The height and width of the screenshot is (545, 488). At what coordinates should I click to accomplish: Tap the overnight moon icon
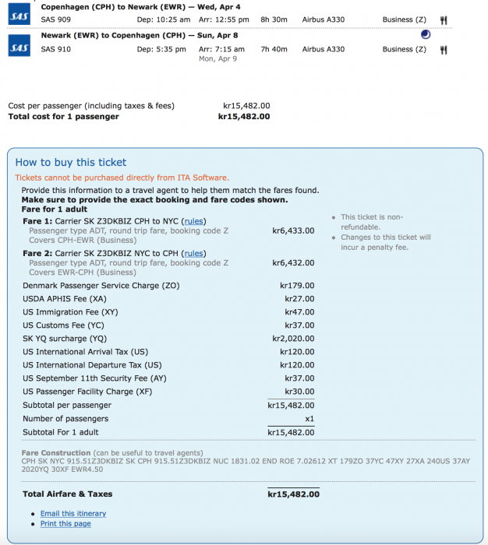click(424, 34)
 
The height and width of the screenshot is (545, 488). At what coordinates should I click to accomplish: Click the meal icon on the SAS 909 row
click(444, 19)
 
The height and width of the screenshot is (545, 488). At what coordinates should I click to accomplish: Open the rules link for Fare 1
click(193, 221)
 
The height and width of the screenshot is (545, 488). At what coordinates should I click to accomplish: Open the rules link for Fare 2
click(193, 253)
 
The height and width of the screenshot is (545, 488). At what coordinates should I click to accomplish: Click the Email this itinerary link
click(73, 514)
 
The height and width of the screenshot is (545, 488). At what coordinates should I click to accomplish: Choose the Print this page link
click(65, 524)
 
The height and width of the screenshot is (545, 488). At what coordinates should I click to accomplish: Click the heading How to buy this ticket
click(71, 163)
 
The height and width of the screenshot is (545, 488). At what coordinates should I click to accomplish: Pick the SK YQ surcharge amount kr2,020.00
click(293, 339)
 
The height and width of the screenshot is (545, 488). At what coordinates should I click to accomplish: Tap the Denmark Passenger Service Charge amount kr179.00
click(297, 286)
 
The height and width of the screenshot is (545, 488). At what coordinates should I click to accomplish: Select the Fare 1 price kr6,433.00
click(293, 230)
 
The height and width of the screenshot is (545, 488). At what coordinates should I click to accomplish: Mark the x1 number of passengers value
click(309, 419)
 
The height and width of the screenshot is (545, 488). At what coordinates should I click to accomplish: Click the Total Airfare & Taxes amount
click(293, 494)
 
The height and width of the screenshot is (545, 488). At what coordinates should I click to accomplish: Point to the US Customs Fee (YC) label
click(63, 325)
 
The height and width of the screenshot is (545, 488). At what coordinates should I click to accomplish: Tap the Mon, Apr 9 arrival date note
click(219, 58)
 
